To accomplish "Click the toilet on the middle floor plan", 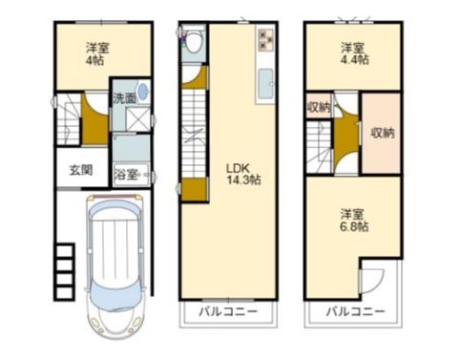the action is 194,40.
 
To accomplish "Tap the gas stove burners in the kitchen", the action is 265,39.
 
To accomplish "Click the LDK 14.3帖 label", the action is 243,174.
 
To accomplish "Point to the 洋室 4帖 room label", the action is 97,54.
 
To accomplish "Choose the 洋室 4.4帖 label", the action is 355,53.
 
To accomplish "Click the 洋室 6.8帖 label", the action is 354,220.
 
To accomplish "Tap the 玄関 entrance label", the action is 81,170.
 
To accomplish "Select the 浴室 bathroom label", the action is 126,175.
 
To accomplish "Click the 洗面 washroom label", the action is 125,98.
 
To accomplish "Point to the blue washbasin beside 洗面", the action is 144,92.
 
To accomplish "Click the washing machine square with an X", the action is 137,118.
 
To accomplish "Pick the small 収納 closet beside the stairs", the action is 319,108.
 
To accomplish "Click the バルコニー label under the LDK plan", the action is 228,311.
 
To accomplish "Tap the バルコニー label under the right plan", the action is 356,311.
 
